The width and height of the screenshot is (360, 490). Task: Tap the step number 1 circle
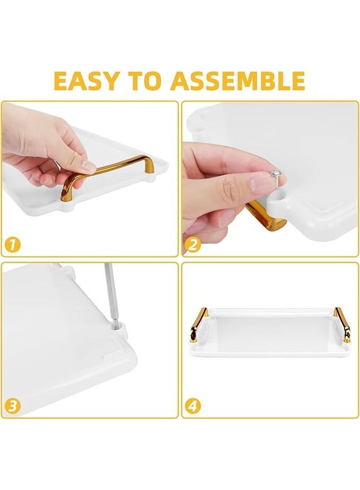coord(13,245)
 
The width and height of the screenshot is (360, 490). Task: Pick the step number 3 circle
coord(13,406)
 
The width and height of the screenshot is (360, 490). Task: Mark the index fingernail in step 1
coord(87,167)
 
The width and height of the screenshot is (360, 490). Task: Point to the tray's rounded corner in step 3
coord(125,366)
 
